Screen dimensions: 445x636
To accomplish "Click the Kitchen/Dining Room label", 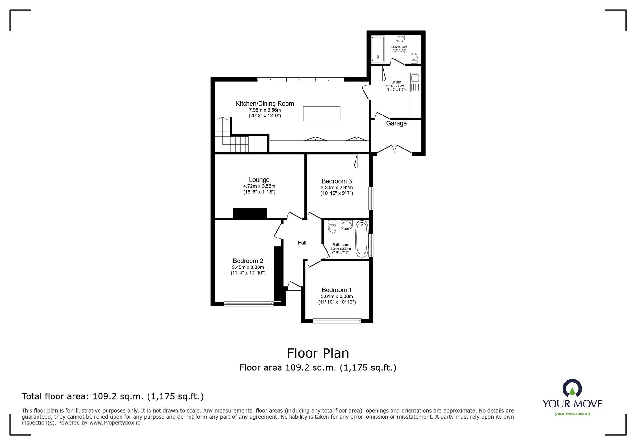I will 265,104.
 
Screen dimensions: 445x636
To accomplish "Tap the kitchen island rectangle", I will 321,114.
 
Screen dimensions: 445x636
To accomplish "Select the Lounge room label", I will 259,180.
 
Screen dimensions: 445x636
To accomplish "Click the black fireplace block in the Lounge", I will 250,213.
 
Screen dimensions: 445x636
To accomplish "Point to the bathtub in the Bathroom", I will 362,239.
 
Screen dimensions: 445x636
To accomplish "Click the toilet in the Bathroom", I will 332,227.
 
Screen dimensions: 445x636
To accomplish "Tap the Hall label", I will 302,243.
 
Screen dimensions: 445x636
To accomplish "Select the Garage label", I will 396,123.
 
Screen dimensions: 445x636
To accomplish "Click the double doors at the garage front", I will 394,150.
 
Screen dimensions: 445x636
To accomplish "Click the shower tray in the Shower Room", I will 378,49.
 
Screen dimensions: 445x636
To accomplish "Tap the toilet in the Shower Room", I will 414,58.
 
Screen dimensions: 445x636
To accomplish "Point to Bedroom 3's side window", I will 371,198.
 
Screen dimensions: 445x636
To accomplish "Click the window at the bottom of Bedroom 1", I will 337,321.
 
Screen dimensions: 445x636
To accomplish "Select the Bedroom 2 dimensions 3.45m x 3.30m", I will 248,268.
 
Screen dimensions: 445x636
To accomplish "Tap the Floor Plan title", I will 318,353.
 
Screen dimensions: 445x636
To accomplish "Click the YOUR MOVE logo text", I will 572,404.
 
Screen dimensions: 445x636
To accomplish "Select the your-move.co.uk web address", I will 572,414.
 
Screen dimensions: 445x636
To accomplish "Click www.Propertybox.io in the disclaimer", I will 115,423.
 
